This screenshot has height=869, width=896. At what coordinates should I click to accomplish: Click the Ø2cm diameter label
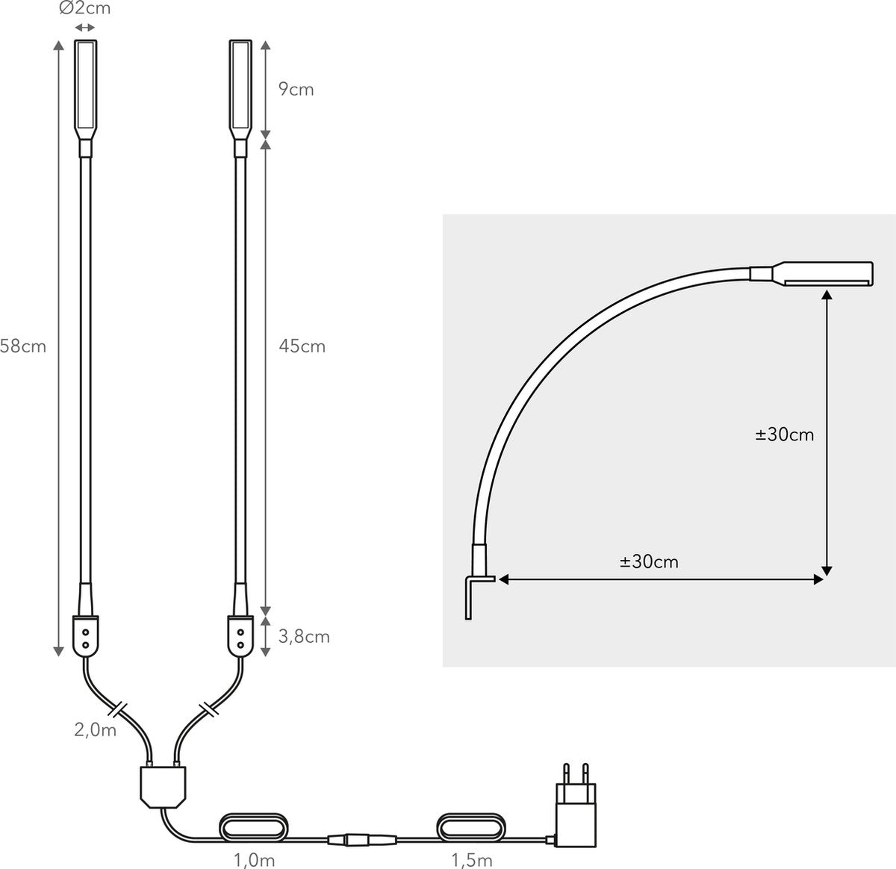coord(84,7)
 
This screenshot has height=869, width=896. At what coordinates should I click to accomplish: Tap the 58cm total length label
coord(23,346)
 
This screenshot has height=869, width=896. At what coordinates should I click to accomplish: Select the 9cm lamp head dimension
coord(296,90)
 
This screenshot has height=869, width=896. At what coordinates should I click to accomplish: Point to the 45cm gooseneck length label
coord(302,346)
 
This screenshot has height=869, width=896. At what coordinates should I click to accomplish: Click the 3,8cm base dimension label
coord(304,637)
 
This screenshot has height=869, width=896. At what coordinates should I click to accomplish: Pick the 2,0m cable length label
coord(96,729)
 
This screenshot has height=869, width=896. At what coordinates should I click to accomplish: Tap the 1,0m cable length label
coord(254,860)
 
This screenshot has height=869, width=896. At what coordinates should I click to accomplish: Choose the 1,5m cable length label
coord(471,860)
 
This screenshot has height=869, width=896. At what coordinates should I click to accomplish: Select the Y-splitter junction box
coord(163,786)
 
